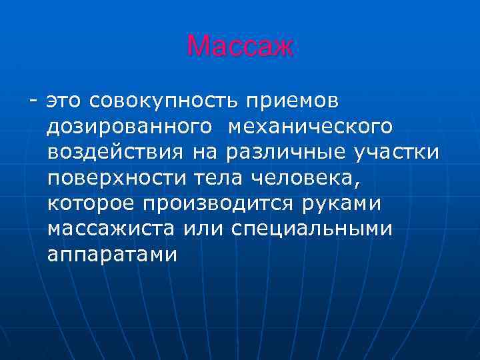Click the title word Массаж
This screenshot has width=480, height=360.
(x=240, y=47)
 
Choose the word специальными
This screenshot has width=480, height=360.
(x=312, y=229)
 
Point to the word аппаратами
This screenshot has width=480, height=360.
(x=113, y=254)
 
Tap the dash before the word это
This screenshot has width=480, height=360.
(x=32, y=101)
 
